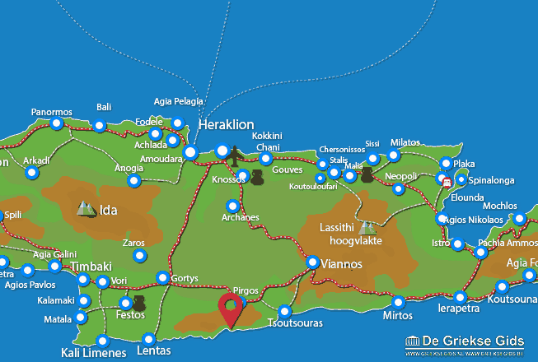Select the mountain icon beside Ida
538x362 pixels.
86,209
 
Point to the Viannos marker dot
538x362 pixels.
313,262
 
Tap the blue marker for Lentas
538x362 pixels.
148,339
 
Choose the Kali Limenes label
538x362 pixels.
94,354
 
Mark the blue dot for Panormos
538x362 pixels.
56,124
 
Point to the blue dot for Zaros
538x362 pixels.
138,256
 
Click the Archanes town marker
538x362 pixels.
233,206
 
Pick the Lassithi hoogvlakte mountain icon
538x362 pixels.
365,227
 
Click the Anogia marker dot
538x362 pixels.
133,180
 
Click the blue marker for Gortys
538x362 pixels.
163,278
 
